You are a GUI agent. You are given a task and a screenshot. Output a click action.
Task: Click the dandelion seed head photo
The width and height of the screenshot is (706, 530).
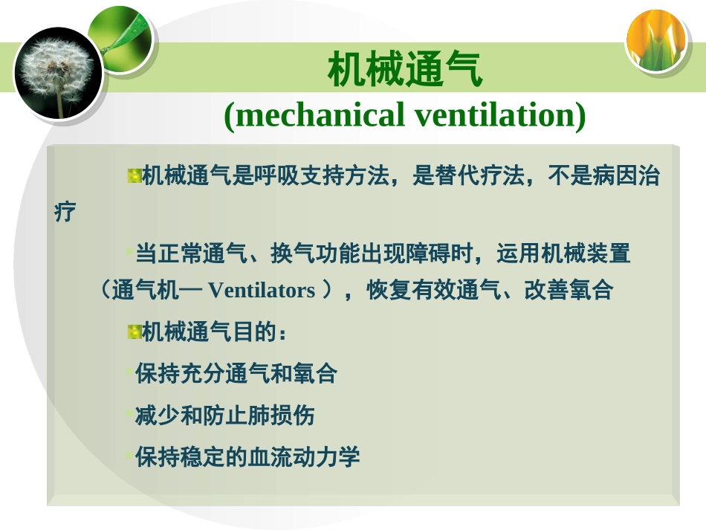(57, 73)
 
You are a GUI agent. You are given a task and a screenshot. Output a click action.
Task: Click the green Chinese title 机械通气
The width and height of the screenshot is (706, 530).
(405, 71)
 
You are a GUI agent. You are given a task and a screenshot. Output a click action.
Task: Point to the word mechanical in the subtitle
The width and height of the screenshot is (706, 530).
(324, 115)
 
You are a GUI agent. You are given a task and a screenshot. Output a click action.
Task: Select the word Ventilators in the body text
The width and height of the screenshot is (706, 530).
(262, 291)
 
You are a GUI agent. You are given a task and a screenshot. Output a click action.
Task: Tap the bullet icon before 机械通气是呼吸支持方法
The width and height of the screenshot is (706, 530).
(134, 176)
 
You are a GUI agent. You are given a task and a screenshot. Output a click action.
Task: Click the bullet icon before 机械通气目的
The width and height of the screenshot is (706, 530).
(134, 332)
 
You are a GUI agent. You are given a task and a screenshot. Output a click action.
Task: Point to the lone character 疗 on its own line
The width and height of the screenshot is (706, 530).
(65, 212)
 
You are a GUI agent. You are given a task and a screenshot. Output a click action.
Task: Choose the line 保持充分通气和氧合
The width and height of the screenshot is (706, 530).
(236, 374)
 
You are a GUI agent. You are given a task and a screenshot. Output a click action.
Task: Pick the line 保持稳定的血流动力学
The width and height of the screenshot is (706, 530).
(247, 456)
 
